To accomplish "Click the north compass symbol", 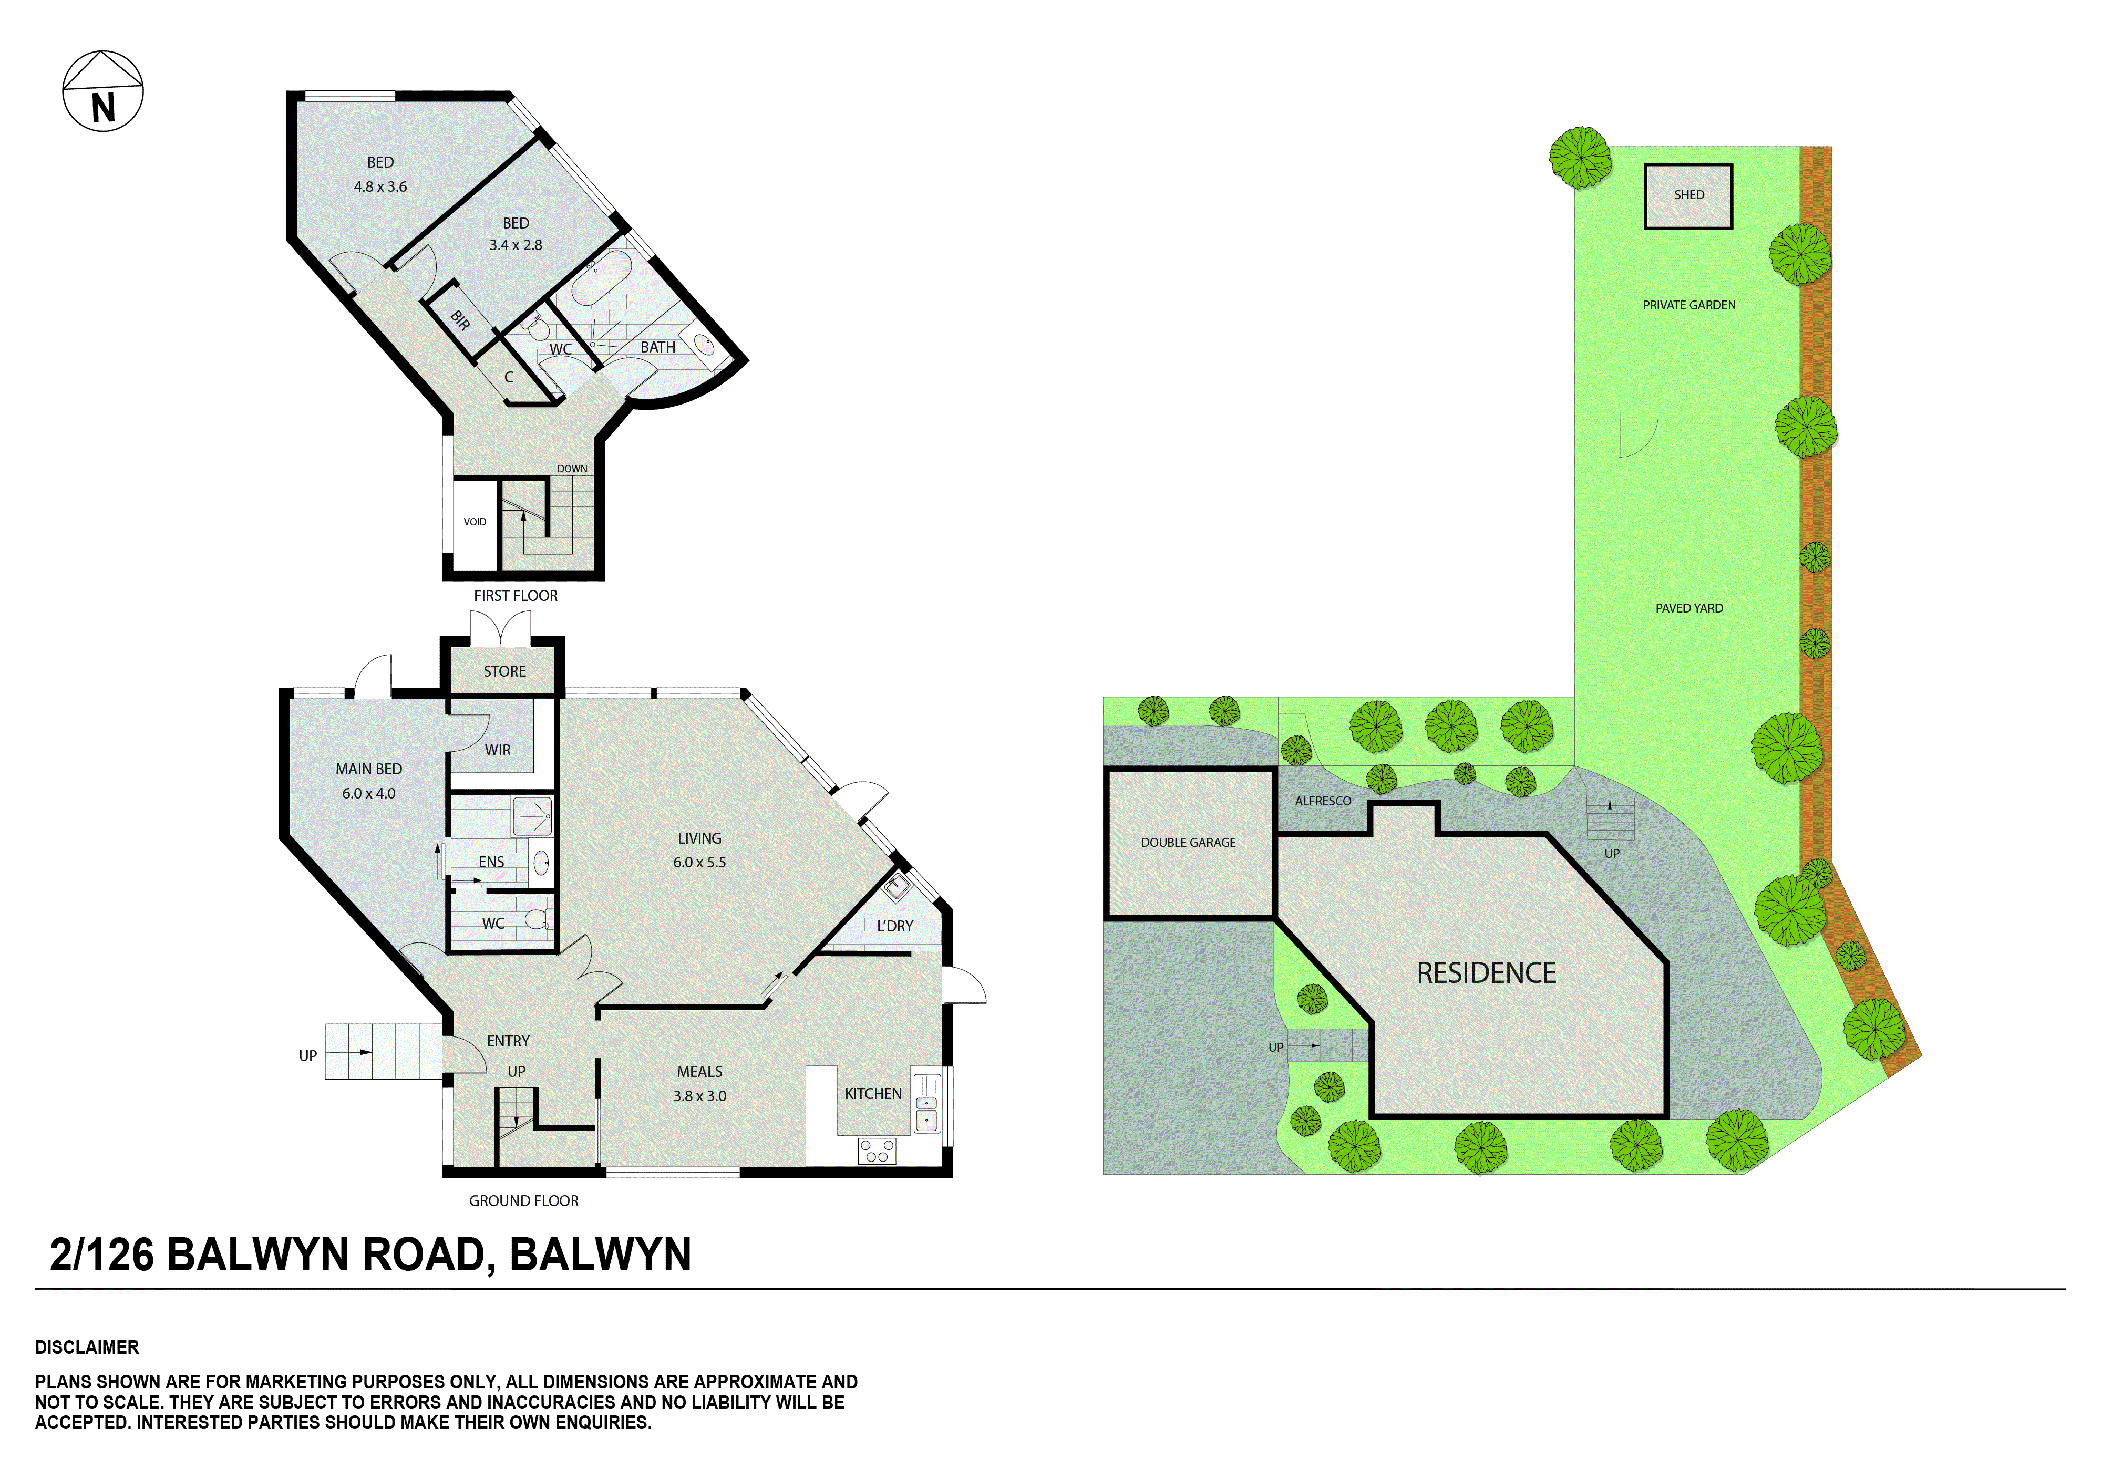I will tap(102, 91).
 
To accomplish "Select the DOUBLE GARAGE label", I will tap(1188, 842).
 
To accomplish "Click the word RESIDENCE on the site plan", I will tap(1485, 973).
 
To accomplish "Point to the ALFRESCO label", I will tap(1322, 801).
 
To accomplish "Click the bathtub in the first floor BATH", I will tap(601, 278).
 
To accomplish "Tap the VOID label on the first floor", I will tap(474, 522).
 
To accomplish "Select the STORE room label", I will tap(504, 671).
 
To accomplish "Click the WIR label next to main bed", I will tap(497, 750).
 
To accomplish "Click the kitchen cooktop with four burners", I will tap(876, 1150).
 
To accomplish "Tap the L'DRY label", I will tap(894, 926).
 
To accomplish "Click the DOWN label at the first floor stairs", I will tap(572, 469).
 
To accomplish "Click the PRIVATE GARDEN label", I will tap(1688, 305).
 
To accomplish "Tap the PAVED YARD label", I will tap(1688, 608).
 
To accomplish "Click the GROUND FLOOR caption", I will tap(524, 1200).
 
